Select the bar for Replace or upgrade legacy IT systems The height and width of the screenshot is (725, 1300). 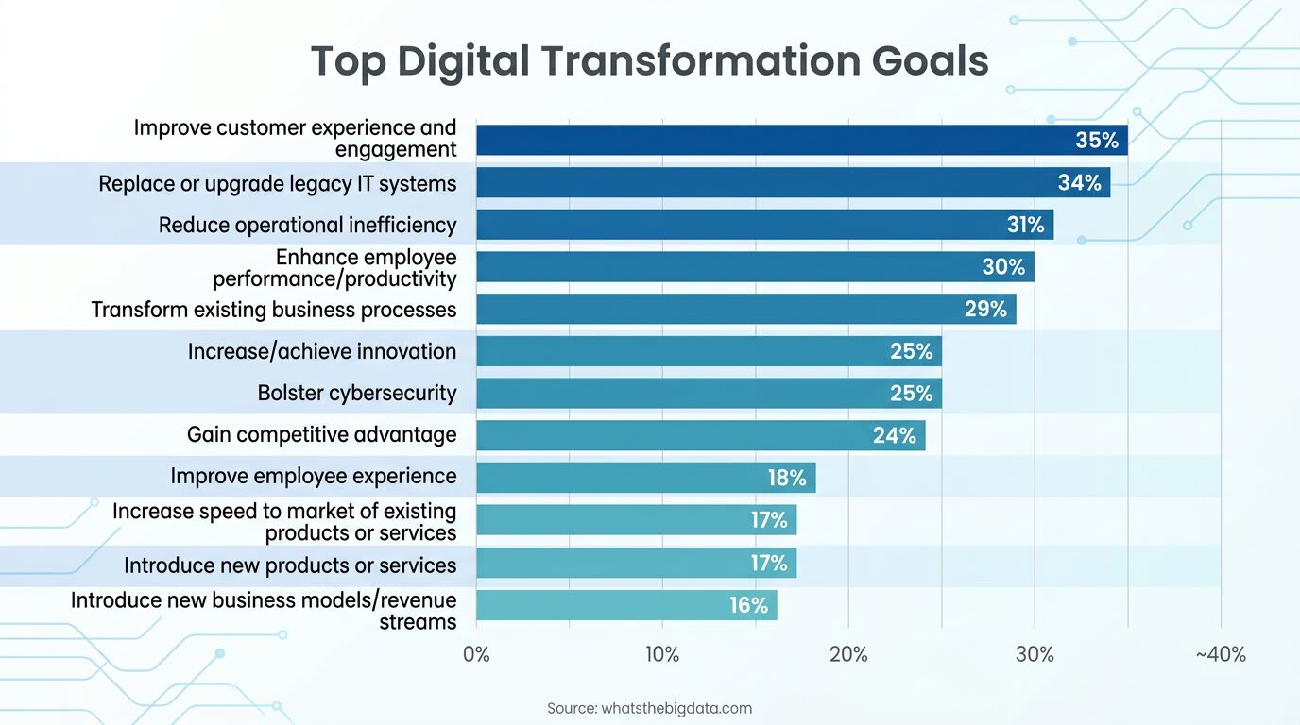click(x=756, y=182)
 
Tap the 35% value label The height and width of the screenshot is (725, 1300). click(x=1097, y=141)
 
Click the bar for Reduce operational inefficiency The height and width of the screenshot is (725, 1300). click(x=737, y=225)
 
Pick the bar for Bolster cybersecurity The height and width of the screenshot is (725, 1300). click(x=680, y=393)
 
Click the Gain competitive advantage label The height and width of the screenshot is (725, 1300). click(x=321, y=434)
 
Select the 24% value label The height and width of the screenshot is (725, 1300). click(x=894, y=435)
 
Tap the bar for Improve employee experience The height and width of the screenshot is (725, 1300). click(x=614, y=478)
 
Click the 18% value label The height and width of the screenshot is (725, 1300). click(x=787, y=478)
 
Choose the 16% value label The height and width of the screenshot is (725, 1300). click(x=748, y=605)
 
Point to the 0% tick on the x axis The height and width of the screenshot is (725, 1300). click(x=476, y=654)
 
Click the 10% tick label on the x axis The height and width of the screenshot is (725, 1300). click(x=661, y=654)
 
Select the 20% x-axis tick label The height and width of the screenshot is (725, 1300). click(x=847, y=654)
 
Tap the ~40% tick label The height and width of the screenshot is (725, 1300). click(x=1220, y=654)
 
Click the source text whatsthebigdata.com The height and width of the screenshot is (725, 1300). click(x=650, y=708)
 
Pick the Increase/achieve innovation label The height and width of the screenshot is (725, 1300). click(x=321, y=351)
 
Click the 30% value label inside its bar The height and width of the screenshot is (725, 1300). click(x=1003, y=267)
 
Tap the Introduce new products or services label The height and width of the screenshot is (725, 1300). click(x=290, y=565)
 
